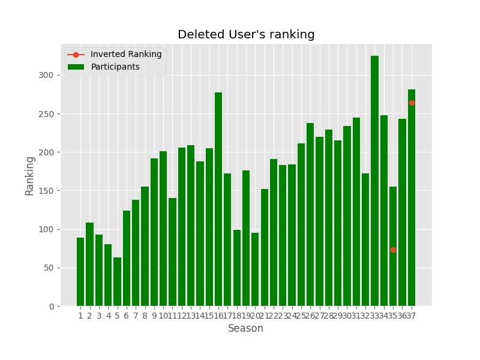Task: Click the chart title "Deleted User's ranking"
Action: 246,35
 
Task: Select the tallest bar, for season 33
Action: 374,180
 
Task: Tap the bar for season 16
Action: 218,198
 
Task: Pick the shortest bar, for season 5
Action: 117,282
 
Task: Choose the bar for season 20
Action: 255,270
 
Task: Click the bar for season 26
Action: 310,216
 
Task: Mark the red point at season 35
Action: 393,250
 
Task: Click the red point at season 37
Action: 412,103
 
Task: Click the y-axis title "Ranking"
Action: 30,175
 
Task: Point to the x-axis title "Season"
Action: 245,329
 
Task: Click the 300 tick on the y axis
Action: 49,75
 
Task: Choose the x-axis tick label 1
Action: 80,316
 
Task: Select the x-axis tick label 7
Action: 136,316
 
